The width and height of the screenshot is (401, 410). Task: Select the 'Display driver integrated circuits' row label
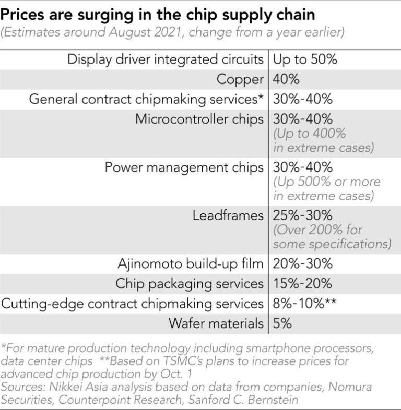tap(166, 59)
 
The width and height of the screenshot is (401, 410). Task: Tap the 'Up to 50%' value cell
tap(305, 59)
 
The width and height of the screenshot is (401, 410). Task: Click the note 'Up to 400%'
tap(310, 134)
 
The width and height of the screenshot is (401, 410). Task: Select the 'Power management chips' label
tap(184, 167)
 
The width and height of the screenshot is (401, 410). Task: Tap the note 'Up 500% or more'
tap(327, 182)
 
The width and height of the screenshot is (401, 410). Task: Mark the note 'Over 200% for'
tap(318, 230)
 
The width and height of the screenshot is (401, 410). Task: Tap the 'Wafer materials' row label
tap(216, 323)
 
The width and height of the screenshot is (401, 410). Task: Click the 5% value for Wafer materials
tap(282, 323)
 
